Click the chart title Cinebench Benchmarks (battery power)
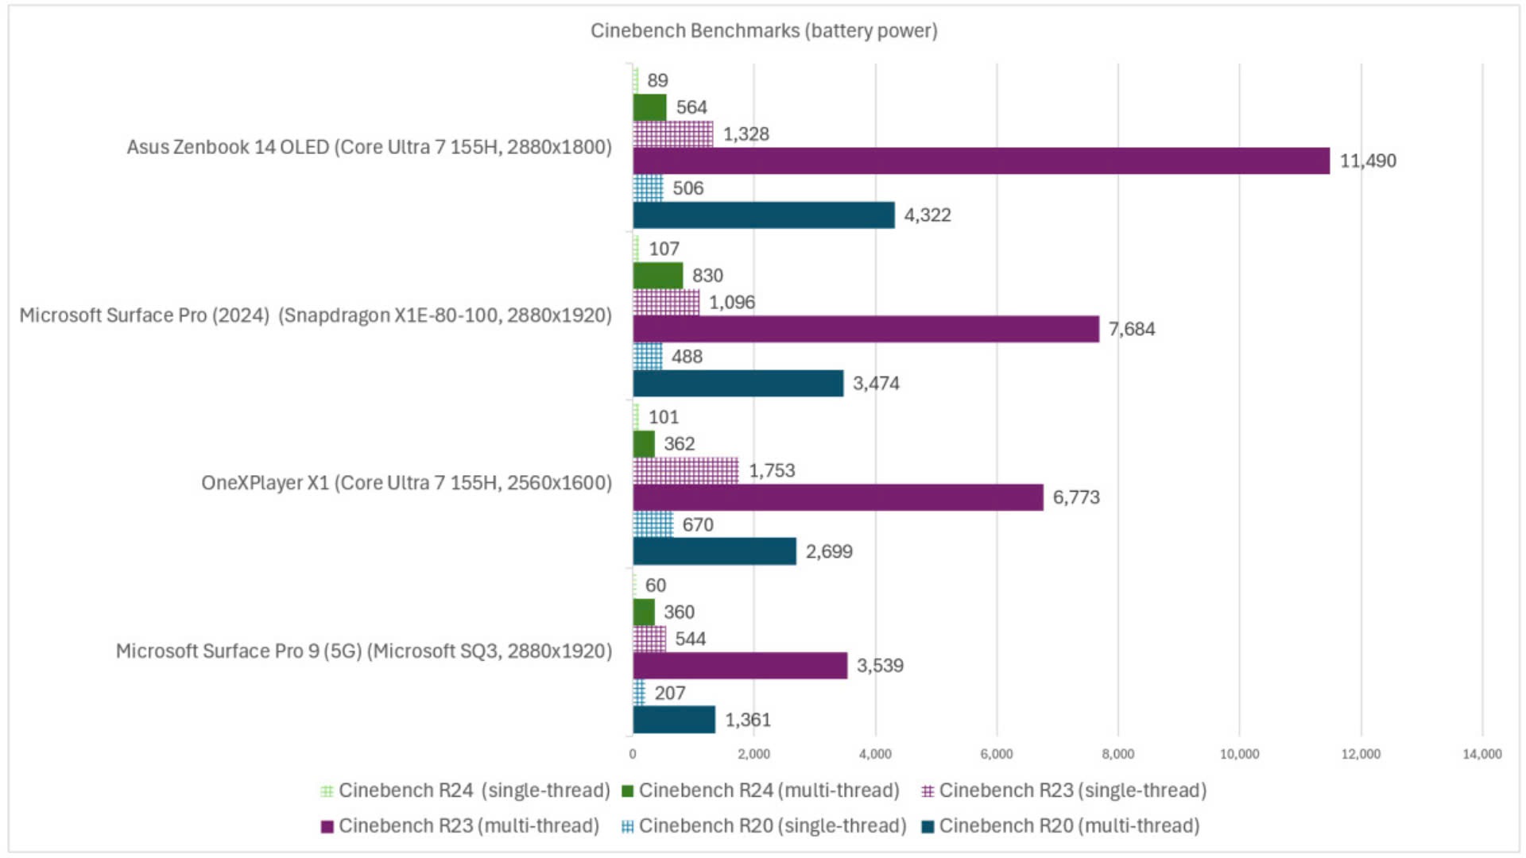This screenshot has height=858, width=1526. (764, 31)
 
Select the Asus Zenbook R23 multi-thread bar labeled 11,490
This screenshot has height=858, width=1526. (981, 160)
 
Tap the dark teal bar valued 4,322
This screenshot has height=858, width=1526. (763, 215)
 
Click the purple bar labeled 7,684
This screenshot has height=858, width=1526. (866, 329)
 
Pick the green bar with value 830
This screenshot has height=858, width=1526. (657, 276)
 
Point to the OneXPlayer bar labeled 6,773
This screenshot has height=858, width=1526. (838, 497)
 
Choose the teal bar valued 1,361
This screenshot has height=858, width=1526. (674, 720)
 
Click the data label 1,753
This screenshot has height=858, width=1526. (772, 470)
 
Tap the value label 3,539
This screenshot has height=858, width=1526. (880, 666)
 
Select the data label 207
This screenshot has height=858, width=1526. (670, 693)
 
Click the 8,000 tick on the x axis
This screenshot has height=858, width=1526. (1117, 754)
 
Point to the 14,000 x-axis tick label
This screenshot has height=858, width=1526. (1481, 754)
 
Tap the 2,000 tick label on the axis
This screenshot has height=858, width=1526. (753, 754)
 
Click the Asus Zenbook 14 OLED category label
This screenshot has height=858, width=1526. (370, 147)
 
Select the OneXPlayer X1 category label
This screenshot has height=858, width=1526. (406, 483)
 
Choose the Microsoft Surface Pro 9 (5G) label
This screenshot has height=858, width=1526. (364, 651)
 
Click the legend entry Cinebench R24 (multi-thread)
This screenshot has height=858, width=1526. (769, 790)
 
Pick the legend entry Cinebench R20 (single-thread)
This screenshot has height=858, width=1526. (772, 826)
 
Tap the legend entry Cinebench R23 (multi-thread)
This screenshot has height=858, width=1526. (468, 826)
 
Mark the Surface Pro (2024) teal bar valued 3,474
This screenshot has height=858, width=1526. (738, 384)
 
